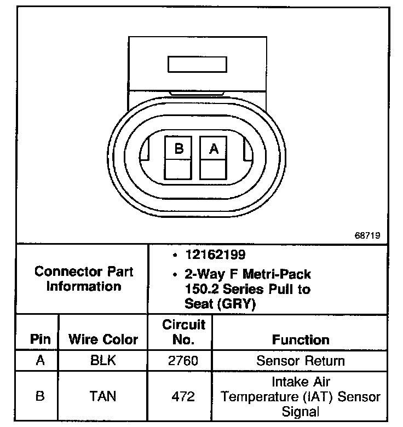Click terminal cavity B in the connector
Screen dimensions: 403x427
click(178, 158)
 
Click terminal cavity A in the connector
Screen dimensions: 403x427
click(214, 158)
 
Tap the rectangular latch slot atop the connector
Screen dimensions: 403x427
click(197, 64)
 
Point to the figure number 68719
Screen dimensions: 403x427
click(367, 235)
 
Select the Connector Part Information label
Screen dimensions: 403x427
click(84, 279)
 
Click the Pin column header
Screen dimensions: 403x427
click(40, 339)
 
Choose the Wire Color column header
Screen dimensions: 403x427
click(103, 339)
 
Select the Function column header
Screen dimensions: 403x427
click(301, 339)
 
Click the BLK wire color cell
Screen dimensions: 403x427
click(103, 361)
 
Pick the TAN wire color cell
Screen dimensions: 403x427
click(103, 395)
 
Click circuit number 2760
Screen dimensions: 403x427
click(180, 361)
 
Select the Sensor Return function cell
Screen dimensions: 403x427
click(301, 361)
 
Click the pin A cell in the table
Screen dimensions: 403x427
click(40, 361)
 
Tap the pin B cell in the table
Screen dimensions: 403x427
click(40, 395)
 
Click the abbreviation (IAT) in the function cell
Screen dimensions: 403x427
click(324, 396)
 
